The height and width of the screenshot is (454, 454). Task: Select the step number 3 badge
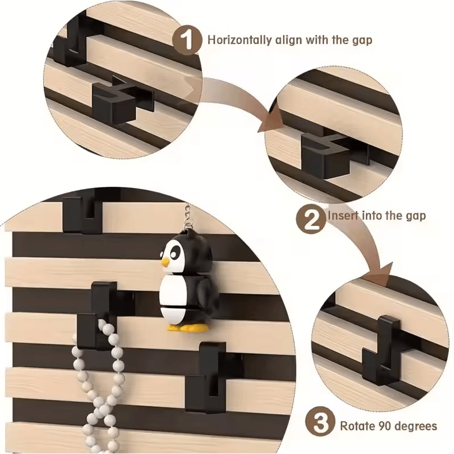click(320, 424)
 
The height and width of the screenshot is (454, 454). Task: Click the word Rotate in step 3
click(356, 426)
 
